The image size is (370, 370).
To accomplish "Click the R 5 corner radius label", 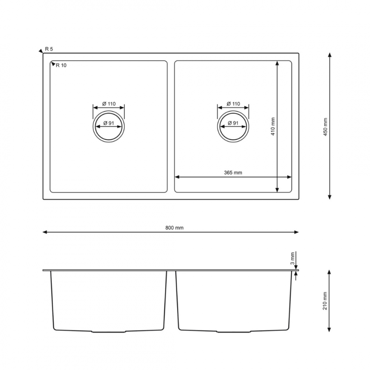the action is coord(49,49).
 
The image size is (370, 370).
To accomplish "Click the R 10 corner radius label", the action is coord(61,65).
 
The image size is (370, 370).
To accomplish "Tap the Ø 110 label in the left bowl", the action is coord(109,104).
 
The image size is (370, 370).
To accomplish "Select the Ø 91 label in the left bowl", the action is coord(109,123).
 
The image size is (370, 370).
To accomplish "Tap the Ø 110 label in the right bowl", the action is coord(233,104).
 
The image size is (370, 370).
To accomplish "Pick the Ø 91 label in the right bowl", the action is coord(233,123).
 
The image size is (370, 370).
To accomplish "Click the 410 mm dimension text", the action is coord(273,126).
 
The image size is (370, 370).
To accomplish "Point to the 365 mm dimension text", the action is coord(233,173).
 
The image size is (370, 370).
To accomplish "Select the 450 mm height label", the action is coord(326,127).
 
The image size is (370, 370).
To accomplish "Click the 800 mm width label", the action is coord(174,228).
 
